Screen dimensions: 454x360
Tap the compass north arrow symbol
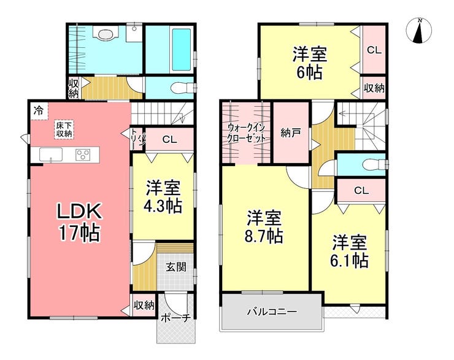[418, 31]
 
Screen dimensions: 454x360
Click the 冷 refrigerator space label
[38, 110]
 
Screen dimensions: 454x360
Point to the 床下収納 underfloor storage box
[64, 129]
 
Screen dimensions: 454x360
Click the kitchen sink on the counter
[51, 155]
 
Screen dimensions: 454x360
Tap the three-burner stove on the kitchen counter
[83, 155]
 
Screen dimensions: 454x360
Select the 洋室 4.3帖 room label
[163, 196]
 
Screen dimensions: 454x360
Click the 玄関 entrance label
[175, 267]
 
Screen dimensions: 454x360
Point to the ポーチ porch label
[175, 318]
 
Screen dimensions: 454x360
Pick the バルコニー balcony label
[272, 312]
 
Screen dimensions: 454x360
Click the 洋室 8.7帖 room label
[264, 227]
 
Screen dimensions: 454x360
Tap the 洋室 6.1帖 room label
[350, 251]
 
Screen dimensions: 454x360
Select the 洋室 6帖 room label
[310, 63]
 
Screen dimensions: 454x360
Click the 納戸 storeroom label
[290, 133]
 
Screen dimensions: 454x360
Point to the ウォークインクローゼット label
[246, 132]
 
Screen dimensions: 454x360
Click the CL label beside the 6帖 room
[374, 50]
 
